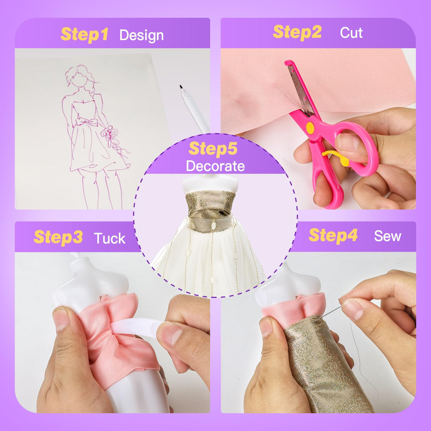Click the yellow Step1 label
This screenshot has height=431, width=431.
tap(84, 34)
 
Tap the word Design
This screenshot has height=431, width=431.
tap(141, 36)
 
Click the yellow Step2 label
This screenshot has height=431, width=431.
tap(297, 32)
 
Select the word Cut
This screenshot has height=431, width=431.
tap(351, 33)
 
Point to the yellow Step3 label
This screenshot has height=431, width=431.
tap(58, 238)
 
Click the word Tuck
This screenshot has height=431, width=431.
tap(110, 239)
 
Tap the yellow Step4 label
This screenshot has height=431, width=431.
tap(333, 235)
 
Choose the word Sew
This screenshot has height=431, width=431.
tap(387, 236)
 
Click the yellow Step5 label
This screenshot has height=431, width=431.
tap(213, 148)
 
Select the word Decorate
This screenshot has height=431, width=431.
tap(215, 166)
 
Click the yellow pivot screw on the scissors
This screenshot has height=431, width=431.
tap(310, 127)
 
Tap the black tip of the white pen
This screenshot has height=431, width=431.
tap(181, 87)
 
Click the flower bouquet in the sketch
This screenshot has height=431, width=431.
tap(109, 134)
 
